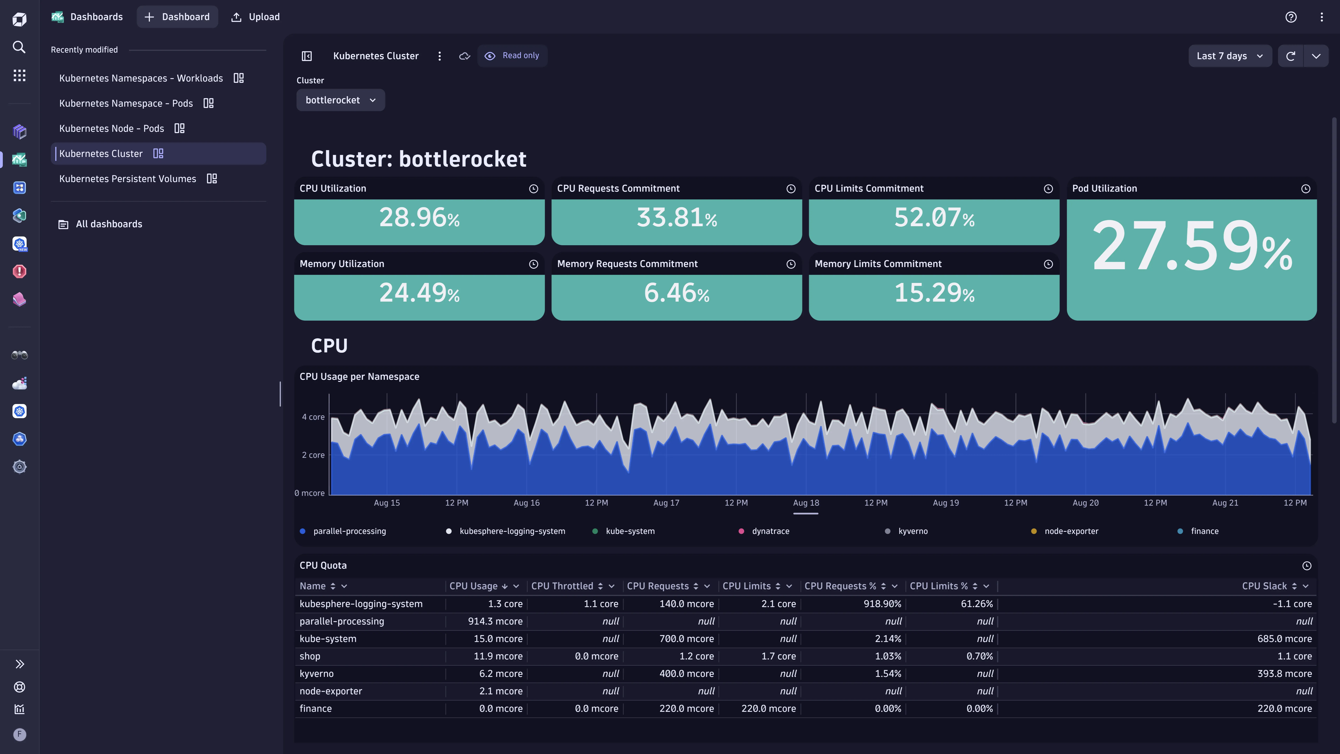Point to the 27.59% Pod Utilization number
1191,246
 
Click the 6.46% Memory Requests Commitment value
676,293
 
